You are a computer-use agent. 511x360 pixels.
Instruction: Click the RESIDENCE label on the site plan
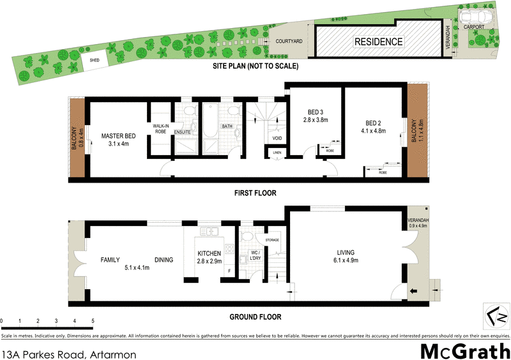pos(379,43)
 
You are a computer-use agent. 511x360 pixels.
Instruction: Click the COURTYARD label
pos(288,41)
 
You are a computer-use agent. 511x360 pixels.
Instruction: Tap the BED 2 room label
pos(374,123)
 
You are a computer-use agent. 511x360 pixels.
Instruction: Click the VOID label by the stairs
pos(277,139)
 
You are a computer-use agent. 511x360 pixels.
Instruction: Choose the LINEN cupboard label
pos(276,153)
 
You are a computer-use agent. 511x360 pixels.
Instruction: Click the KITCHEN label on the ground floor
pos(210,253)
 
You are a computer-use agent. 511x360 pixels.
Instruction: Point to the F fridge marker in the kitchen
pos(229,271)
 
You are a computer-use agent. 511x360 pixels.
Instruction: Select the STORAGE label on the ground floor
pos(272,240)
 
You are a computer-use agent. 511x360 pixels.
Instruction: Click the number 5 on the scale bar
pos(93,320)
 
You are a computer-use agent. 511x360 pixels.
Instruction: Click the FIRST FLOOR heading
pos(254,192)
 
